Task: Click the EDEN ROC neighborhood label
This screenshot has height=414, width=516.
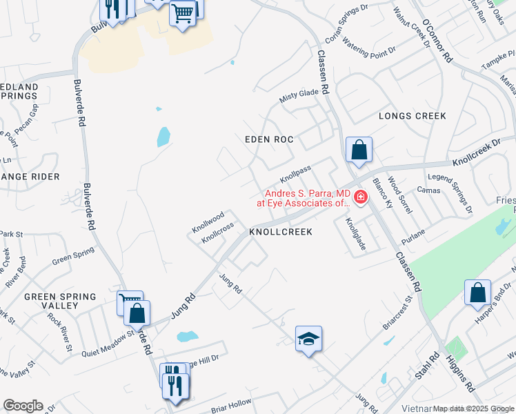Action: click(x=269, y=139)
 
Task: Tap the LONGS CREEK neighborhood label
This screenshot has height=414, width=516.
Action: click(x=413, y=116)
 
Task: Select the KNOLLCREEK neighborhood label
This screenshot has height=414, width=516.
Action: click(x=281, y=233)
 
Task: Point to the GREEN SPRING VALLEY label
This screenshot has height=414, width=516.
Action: click(x=60, y=301)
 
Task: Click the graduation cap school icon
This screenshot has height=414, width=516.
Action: click(x=308, y=338)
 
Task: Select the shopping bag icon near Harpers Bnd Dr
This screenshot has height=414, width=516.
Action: click(x=477, y=293)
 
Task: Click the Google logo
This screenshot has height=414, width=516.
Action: click(x=22, y=406)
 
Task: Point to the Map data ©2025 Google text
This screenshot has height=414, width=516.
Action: click(x=473, y=408)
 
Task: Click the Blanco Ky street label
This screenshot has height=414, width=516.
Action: click(x=382, y=193)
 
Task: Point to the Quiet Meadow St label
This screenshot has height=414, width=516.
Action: click(x=107, y=337)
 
